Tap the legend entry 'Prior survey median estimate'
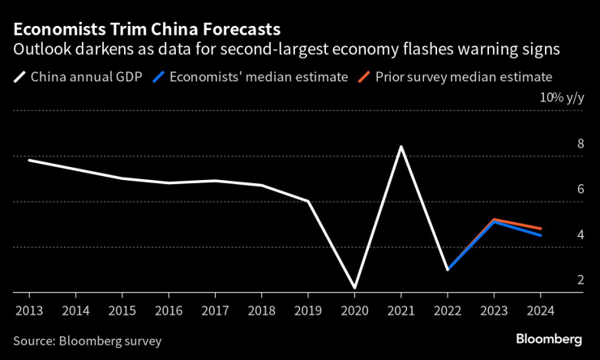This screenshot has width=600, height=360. pyautogui.click(x=463, y=78)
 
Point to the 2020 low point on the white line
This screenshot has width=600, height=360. pyautogui.click(x=355, y=288)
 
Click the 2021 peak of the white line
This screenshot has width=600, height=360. pyautogui.click(x=401, y=147)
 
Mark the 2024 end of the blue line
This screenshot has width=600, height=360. pyautogui.click(x=541, y=235)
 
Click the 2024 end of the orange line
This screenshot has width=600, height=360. pyautogui.click(x=541, y=229)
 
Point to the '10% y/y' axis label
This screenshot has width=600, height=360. pyautogui.click(x=562, y=97)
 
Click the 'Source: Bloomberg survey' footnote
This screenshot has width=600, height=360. pyautogui.click(x=87, y=341)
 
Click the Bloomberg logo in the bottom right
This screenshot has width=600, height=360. pyautogui.click(x=549, y=338)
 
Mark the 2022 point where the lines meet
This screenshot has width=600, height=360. pyautogui.click(x=448, y=269)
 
